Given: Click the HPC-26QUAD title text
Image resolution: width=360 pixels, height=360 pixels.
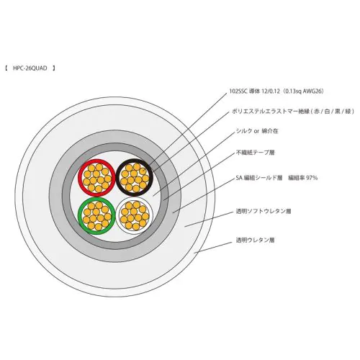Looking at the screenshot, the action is pos(30,68).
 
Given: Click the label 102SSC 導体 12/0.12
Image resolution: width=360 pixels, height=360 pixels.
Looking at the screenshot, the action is pos(254,91).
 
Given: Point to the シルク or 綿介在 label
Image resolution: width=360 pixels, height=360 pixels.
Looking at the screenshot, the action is pos(257,131).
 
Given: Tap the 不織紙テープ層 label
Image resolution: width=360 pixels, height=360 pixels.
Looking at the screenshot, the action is pos(256,153).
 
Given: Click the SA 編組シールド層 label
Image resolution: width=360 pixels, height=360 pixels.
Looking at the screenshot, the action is pos(259,178).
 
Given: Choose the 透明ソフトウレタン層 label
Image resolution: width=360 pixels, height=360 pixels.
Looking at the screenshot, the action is pos(264,211).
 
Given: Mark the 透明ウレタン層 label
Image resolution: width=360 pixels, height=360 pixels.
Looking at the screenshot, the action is pos(255,240).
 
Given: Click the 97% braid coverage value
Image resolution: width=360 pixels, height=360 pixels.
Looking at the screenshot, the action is pos(312,178).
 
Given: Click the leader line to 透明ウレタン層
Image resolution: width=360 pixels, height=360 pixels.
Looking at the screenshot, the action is pos(213,247).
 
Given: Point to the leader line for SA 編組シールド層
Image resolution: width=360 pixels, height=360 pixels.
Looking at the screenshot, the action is pos(203,195).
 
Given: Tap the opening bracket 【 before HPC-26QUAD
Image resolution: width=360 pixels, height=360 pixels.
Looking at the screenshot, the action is pos(6,68).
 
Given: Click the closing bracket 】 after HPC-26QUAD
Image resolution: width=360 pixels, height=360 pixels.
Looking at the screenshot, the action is pos(54,68).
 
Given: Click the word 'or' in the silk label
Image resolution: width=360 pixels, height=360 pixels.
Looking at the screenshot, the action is pos(257,132).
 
